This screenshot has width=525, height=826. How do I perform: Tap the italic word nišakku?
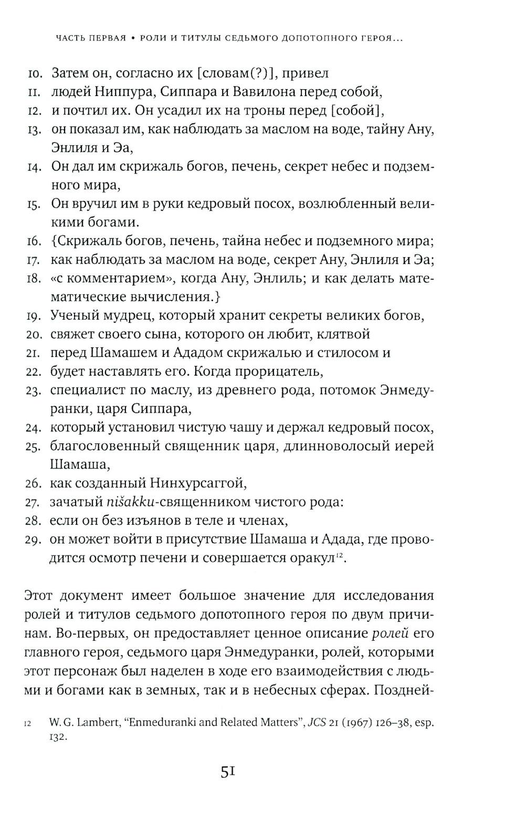[130, 502]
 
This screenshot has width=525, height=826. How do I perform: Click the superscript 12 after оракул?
[339, 555]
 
